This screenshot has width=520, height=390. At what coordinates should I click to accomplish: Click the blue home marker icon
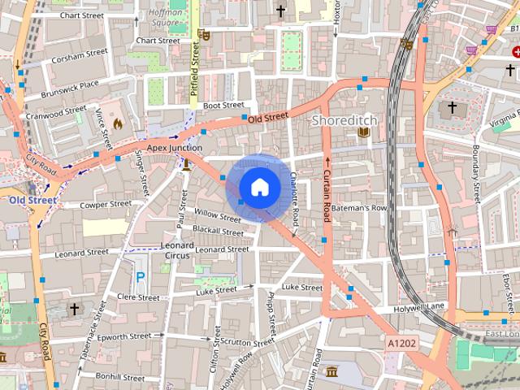(x=259, y=188)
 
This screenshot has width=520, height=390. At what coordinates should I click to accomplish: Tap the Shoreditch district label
(x=345, y=120)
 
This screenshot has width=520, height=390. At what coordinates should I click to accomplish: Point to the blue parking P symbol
(x=141, y=277)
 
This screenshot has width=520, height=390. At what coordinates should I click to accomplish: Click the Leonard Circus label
(x=177, y=250)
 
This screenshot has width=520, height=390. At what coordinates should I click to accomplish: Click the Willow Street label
(x=218, y=215)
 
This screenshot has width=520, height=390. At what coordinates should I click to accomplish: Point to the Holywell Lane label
(x=420, y=305)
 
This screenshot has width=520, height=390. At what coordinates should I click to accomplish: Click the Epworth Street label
(x=124, y=336)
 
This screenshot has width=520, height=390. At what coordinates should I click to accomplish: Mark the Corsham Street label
(x=79, y=55)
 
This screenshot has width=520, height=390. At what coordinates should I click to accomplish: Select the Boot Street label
(x=223, y=105)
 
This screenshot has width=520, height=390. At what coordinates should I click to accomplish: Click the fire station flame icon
(x=117, y=124)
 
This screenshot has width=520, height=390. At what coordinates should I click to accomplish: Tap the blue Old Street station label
(x=33, y=200)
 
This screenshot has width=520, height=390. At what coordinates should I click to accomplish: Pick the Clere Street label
(x=138, y=298)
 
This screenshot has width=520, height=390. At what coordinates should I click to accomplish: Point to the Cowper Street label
(x=106, y=204)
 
